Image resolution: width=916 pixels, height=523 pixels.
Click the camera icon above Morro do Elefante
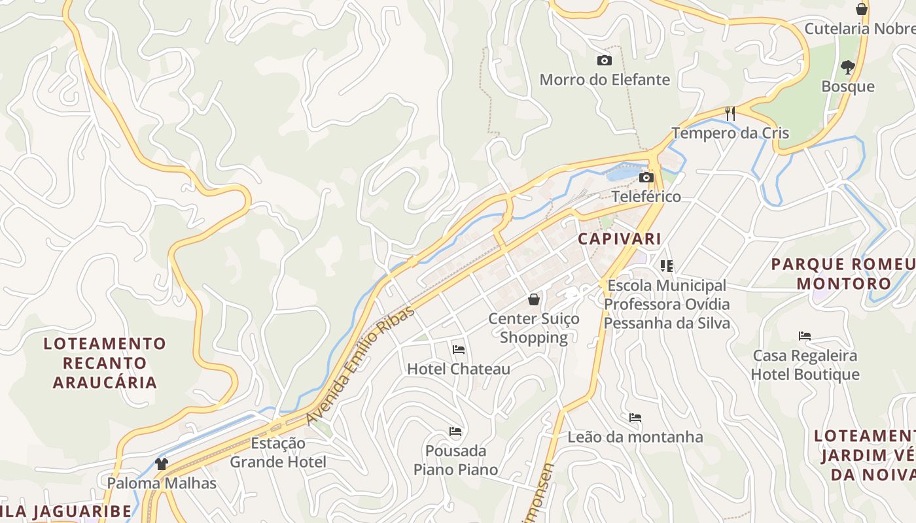pyautogui.click(x=605, y=61)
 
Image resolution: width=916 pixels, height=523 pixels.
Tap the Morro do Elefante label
pyautogui.click(x=605, y=80)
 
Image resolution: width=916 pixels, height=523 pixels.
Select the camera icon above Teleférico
pyautogui.click(x=646, y=177)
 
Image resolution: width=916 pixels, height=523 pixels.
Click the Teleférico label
pyautogui.click(x=646, y=196)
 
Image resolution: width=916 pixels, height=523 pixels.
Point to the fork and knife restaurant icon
pyautogui.click(x=730, y=114)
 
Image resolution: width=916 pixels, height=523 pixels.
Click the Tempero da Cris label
pyautogui.click(x=730, y=133)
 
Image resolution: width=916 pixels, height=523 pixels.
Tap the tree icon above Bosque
pyautogui.click(x=848, y=67)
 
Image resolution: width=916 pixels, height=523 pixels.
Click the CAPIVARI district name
pyautogui.click(x=620, y=239)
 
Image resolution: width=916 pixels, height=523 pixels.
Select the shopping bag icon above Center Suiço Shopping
pyautogui.click(x=534, y=299)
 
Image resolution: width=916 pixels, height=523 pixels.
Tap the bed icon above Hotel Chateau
pyautogui.click(x=459, y=350)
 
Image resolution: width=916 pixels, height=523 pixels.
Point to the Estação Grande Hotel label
pyautogui.click(x=278, y=452)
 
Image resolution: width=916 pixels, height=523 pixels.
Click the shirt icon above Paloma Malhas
pyautogui.click(x=162, y=464)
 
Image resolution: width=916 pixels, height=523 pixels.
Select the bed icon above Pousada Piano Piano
pyautogui.click(x=455, y=431)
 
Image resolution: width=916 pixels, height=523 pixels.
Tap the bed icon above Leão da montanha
pyautogui.click(x=635, y=418)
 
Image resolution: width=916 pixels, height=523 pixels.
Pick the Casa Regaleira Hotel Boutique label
pyautogui.click(x=805, y=365)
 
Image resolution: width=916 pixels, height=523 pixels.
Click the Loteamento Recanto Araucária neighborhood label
pyautogui.click(x=105, y=363)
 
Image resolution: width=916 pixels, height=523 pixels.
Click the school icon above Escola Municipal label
pyautogui.click(x=667, y=266)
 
